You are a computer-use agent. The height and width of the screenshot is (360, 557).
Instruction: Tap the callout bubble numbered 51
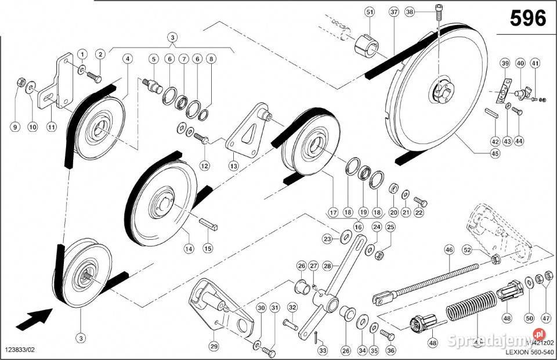point(370,12)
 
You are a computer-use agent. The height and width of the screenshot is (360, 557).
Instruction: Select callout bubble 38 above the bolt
point(410,12)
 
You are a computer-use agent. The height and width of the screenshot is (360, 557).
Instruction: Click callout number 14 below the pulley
point(187,249)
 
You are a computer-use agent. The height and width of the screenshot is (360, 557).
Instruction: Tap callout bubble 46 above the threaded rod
point(448,250)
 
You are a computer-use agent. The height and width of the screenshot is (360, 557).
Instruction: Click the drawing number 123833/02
point(24,351)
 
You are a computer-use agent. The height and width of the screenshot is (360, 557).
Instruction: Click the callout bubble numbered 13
point(233,166)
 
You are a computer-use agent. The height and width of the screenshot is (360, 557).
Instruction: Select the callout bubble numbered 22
point(419,213)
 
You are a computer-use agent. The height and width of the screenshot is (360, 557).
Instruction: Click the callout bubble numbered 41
point(535,63)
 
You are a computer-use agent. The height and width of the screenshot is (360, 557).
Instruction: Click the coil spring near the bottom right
point(471,314)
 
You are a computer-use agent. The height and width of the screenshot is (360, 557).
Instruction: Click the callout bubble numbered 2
point(100,55)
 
